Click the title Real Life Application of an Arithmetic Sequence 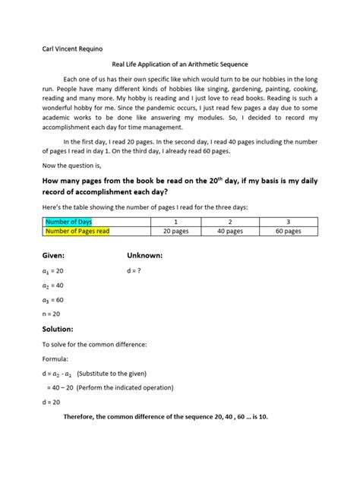coord(180,66)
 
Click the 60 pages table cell coord(287,231)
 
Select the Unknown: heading coord(148,254)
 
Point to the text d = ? coord(137,270)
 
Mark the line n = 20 coord(52,314)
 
